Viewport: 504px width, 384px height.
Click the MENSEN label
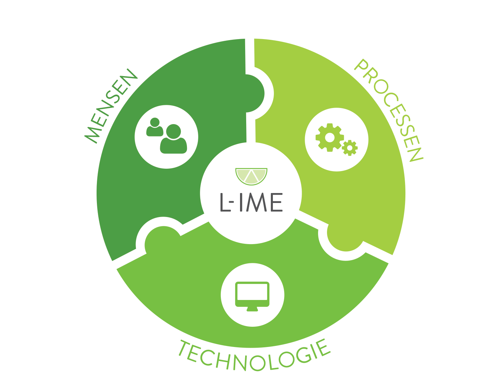[110, 105]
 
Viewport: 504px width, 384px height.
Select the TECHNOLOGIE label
[254, 356]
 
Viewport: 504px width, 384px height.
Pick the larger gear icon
[329, 137]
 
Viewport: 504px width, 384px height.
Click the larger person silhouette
[174, 139]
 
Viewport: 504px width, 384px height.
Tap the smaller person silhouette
[155, 128]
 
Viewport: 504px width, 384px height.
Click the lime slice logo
[251, 176]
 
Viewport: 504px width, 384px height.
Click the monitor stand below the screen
[252, 309]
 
